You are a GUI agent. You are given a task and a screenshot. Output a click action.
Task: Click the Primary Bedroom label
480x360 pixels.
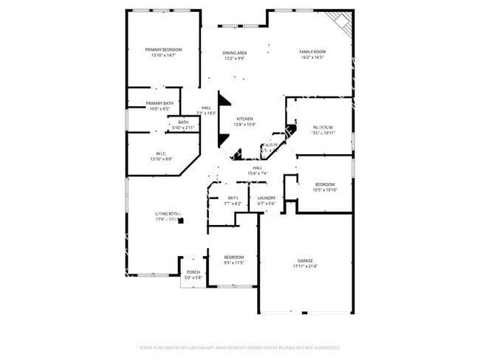click(163, 49)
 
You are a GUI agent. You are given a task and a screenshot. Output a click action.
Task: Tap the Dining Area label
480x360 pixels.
click(235, 52)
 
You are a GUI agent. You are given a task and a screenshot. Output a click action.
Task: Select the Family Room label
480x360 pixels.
click(312, 52)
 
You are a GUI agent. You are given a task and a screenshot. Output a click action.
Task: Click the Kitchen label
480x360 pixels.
click(244, 119)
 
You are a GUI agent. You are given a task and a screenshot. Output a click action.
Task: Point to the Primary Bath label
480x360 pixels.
click(160, 103)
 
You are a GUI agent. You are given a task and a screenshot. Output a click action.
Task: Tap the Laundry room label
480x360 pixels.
click(266, 198)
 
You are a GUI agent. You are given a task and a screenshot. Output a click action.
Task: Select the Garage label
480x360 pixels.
click(306, 260)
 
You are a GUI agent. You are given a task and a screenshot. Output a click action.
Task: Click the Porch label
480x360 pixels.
click(193, 272)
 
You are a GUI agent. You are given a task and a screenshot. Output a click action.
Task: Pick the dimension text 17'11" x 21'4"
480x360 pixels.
click(306, 266)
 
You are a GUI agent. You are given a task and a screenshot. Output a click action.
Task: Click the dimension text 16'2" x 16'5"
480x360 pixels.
click(312, 57)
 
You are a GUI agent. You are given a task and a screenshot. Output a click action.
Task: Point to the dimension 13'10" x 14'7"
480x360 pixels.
click(163, 55)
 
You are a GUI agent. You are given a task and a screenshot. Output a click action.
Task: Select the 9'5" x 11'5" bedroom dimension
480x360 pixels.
click(233, 263)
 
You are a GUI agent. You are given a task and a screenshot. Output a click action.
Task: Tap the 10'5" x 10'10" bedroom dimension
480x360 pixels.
click(325, 190)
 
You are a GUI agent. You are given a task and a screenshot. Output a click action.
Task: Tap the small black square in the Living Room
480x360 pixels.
click(181, 221)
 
